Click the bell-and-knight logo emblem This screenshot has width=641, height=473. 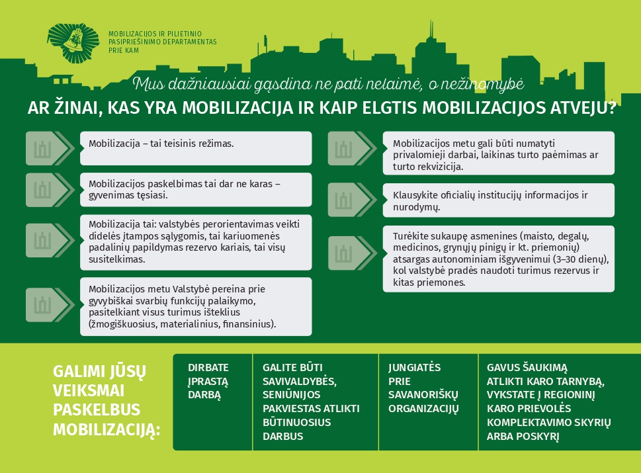[73, 43]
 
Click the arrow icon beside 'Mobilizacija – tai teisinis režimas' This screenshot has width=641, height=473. [50, 148]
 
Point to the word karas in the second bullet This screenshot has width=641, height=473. [261, 184]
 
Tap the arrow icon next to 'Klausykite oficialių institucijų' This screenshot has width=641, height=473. [352, 200]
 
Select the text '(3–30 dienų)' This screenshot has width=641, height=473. [581, 259]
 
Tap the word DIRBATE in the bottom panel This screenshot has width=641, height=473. [208, 368]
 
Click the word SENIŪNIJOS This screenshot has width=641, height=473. [292, 395]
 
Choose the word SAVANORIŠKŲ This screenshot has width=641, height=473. [423, 395]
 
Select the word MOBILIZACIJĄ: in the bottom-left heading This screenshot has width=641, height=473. [107, 429]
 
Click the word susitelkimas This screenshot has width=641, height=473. [117, 259]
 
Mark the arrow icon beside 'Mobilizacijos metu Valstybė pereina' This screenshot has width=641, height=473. [50, 304]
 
